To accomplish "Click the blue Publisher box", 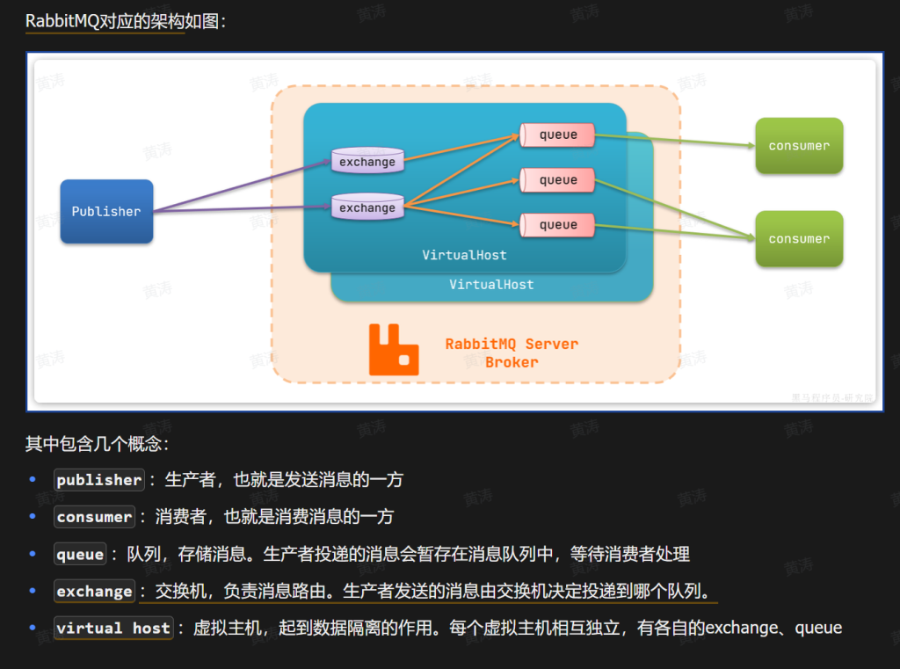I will tap(106, 212).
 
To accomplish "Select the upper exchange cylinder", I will tap(367, 161).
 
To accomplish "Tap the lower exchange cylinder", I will tap(367, 207).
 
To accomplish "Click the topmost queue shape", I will tap(557, 135).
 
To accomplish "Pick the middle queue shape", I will tap(557, 180).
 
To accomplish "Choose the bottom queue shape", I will tap(557, 225).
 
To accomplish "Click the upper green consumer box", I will tap(799, 146).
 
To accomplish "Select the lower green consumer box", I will tap(799, 239).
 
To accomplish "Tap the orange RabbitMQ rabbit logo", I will tap(393, 349).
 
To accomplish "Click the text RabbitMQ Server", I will tap(512, 344).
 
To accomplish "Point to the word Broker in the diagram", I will tap(512, 362).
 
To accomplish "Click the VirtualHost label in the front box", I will tap(464, 255).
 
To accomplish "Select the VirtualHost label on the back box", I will tap(491, 285).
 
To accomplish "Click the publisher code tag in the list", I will tap(99, 480).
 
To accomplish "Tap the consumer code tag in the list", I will tap(94, 517).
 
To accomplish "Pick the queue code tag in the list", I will tap(80, 555).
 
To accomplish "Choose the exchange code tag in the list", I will tap(94, 592).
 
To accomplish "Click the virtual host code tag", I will tap(113, 629).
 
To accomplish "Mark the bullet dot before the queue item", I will tap(33, 554).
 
